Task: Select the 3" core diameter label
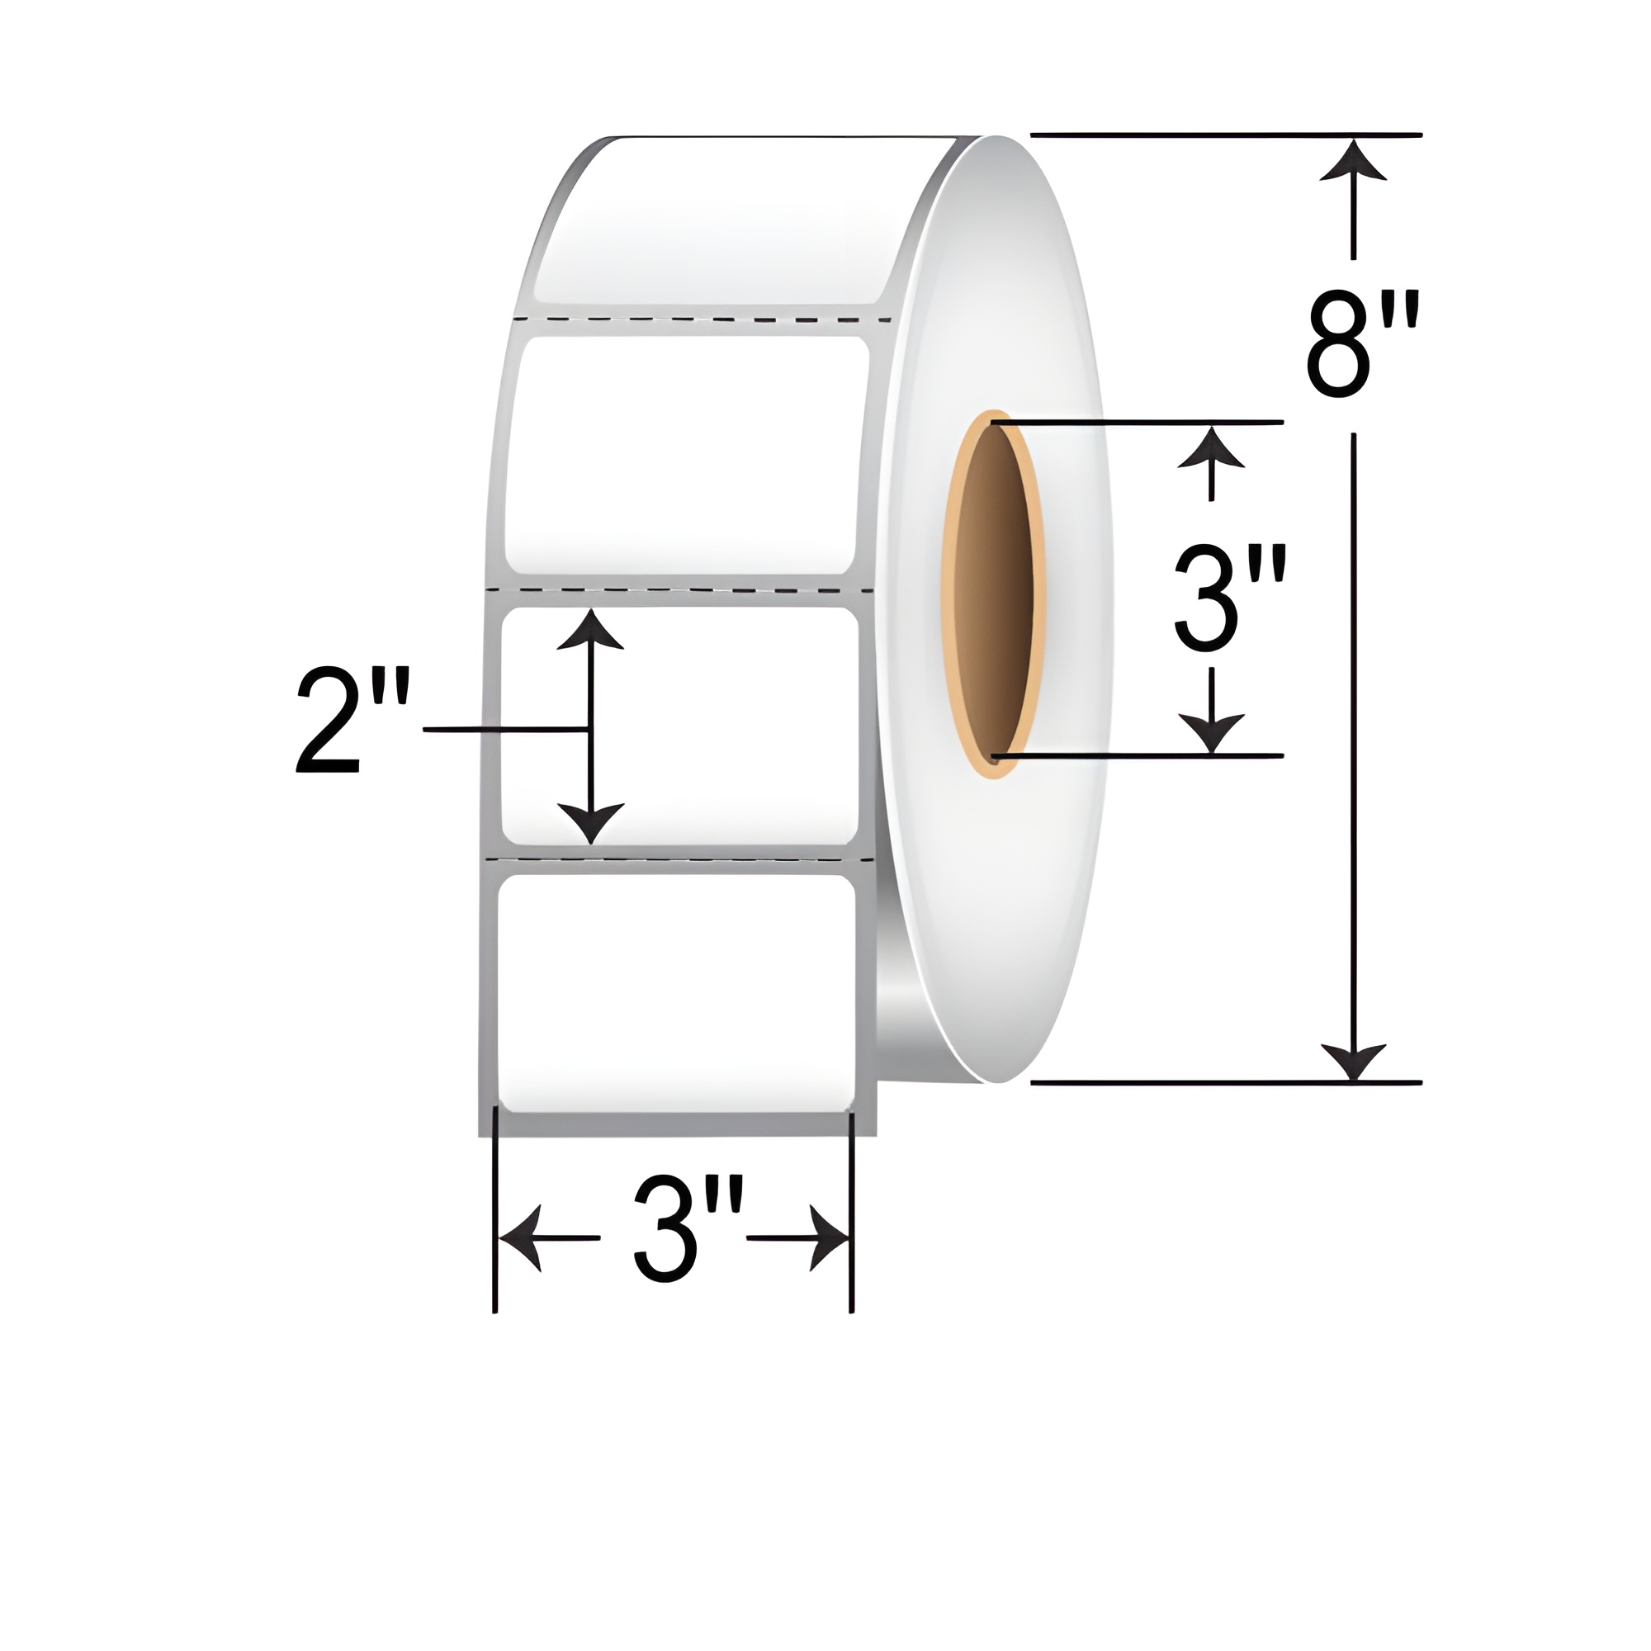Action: point(1230,598)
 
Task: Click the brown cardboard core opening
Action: point(994,589)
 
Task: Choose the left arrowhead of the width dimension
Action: point(520,1238)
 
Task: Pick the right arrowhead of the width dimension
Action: point(829,1238)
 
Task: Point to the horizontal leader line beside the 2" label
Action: point(504,729)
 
